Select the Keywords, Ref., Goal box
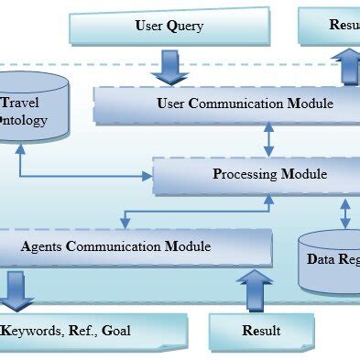(x=92, y=331)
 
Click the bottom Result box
(x=260, y=331)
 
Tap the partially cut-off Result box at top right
(x=330, y=26)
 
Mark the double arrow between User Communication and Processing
(x=268, y=139)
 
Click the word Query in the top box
(x=184, y=26)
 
